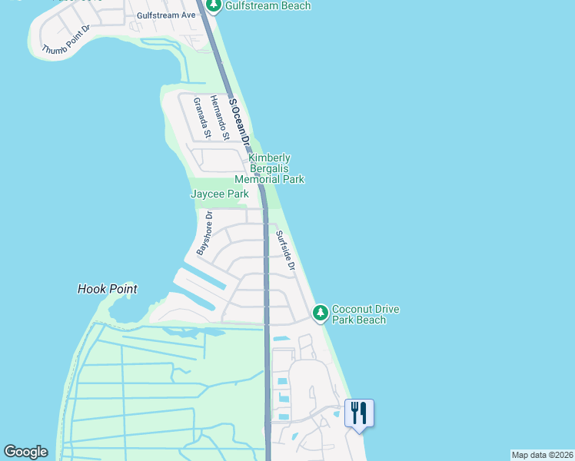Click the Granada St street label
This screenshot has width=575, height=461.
pyautogui.click(x=201, y=117)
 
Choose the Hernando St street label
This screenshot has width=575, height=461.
pyautogui.click(x=221, y=119)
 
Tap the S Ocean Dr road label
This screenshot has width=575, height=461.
pyautogui.click(x=240, y=120)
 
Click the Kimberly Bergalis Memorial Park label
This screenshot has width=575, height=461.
pyautogui.click(x=269, y=168)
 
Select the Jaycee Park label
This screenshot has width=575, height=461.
pyautogui.click(x=219, y=194)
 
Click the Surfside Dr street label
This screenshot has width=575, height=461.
pyautogui.click(x=285, y=252)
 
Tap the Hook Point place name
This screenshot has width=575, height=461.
pyautogui.click(x=108, y=290)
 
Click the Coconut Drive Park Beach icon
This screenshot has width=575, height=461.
pyautogui.click(x=321, y=313)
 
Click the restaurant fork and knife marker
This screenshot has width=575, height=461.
pyautogui.click(x=359, y=413)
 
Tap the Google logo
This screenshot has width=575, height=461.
pyautogui.click(x=25, y=452)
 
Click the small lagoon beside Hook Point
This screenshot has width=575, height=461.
pyautogui.click(x=123, y=311)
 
